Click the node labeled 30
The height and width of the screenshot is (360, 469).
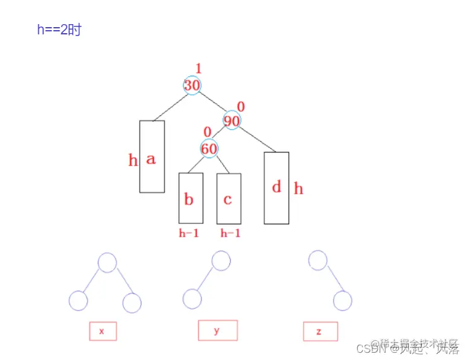click(192, 85)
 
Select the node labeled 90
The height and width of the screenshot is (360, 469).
click(232, 120)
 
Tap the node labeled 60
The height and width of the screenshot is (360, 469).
click(209, 148)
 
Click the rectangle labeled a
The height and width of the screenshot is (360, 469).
click(152, 157)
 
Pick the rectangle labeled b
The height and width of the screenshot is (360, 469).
click(190, 198)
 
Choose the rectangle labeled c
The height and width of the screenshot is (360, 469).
click(229, 198)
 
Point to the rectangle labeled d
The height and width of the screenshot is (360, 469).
click(276, 188)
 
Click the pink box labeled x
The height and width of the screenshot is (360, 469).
click(103, 331)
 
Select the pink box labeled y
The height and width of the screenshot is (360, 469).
click(217, 330)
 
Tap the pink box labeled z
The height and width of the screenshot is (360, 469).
click(321, 331)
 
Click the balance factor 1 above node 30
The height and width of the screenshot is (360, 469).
click(199, 68)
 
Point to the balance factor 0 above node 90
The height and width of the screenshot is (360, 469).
click(241, 107)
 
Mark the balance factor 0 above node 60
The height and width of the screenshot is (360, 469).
click(207, 132)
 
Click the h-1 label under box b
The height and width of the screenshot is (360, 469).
click(189, 233)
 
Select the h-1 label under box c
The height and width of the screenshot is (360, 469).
click(230, 233)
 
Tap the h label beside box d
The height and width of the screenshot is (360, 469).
click(298, 189)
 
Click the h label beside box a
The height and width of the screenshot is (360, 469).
click(133, 160)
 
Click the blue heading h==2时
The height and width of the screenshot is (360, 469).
click(59, 30)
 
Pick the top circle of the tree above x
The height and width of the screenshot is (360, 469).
click(107, 262)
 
